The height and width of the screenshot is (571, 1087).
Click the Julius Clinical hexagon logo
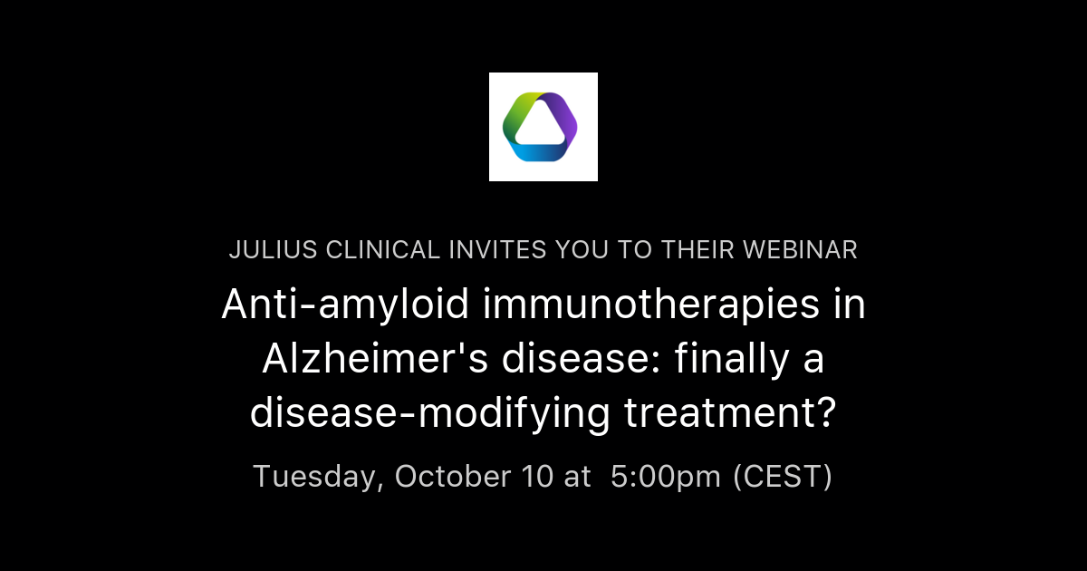(x=543, y=127)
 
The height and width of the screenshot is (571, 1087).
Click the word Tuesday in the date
(x=313, y=476)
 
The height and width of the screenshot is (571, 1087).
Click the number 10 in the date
(x=534, y=476)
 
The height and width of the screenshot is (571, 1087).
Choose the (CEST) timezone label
(x=782, y=476)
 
